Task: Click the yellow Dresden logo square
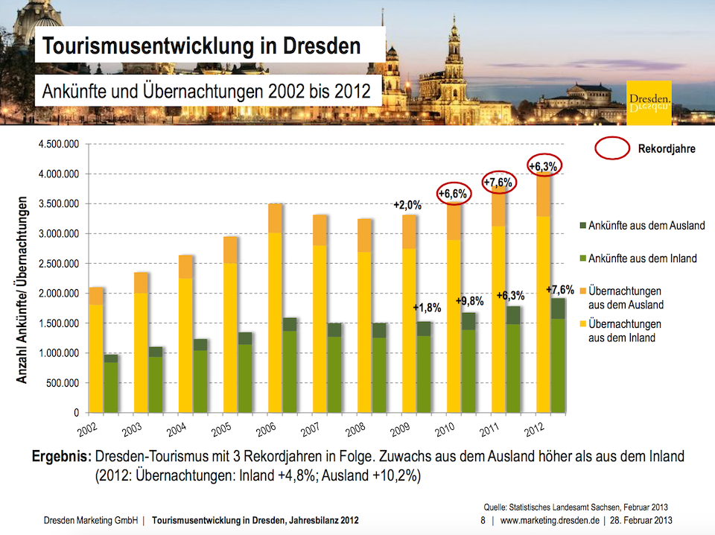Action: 649,103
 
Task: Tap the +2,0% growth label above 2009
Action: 407,205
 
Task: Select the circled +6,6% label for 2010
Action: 454,194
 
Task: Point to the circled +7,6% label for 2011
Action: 499,183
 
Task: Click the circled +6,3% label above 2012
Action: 544,166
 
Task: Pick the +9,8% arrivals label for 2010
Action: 470,301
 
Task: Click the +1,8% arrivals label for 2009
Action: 428,308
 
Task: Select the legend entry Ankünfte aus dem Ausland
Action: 643,225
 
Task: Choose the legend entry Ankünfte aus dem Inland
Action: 638,259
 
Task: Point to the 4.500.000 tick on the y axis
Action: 59,144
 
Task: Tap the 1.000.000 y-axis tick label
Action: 59,353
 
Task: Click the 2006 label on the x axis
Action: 267,429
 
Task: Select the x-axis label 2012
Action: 535,429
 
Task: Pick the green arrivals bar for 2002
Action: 111,384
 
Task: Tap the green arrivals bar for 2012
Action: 558,355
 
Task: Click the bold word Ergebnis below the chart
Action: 62,456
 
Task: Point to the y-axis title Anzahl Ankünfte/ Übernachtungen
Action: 22,290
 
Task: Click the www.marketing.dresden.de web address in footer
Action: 550,520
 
